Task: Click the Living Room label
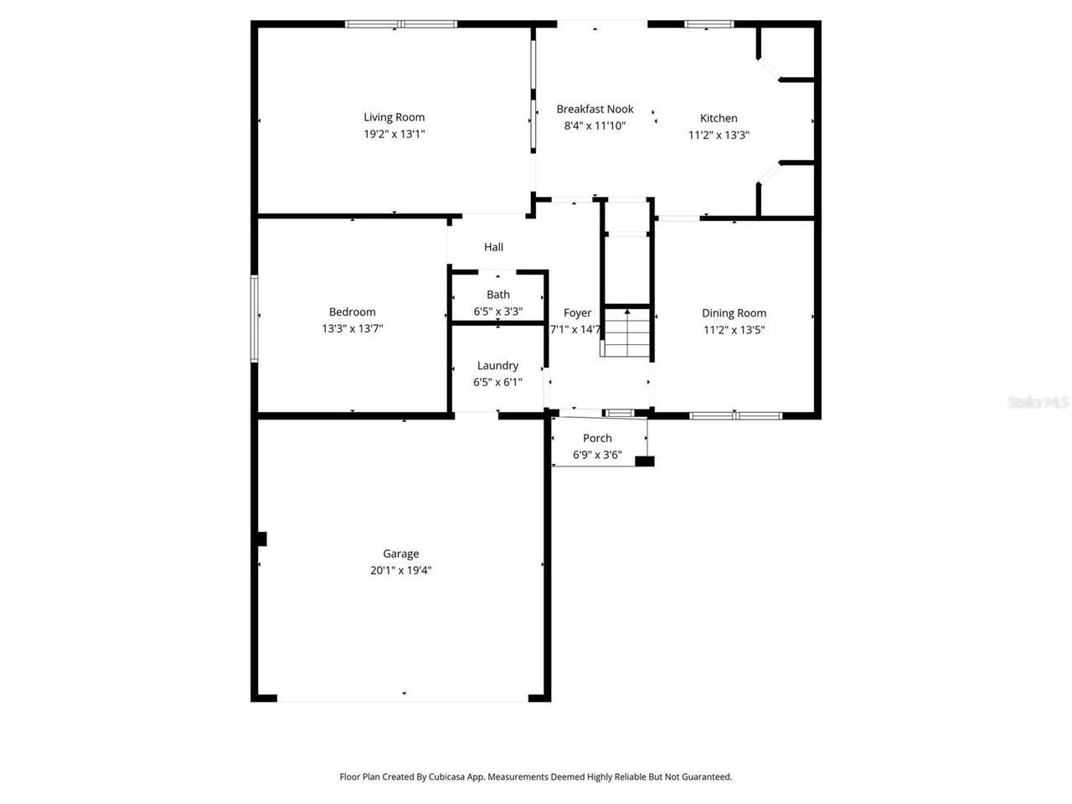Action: tap(394, 117)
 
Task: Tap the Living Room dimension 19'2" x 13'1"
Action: tap(394, 134)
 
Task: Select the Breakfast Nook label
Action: tap(595, 109)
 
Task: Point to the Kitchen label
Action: tap(719, 118)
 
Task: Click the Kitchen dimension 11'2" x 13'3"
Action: tap(719, 135)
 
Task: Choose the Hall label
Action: tap(493, 247)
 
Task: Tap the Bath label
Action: tap(498, 295)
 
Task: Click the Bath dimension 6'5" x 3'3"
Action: tap(498, 312)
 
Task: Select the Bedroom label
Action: tap(352, 312)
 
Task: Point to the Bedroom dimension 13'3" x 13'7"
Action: tap(352, 329)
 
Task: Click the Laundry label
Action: tap(497, 366)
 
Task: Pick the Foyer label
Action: tap(577, 313)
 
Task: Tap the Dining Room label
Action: tap(734, 313)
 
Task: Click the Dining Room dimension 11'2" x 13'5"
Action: tap(734, 330)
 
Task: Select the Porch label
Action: tap(597, 438)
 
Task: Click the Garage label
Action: tap(400, 554)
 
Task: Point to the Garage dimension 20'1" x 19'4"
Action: tap(400, 570)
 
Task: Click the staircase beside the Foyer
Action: tap(626, 332)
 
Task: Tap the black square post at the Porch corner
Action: tap(644, 461)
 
